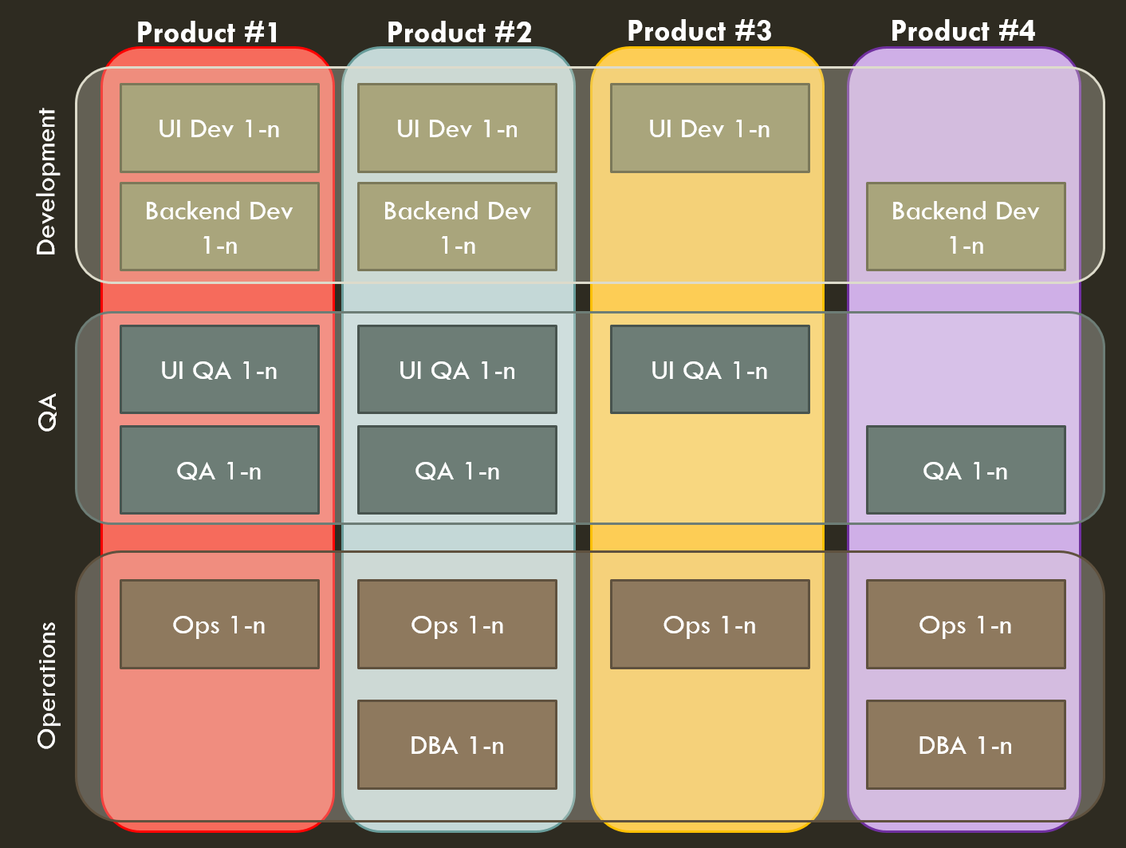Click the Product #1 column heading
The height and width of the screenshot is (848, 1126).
pos(208,33)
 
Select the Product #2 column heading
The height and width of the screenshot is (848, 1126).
pos(459,33)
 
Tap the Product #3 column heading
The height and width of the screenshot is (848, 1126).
pos(699,31)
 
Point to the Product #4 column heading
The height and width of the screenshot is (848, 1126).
pos(963,31)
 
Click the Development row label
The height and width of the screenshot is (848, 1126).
pos(47,181)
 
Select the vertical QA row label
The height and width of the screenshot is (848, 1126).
pos(48,412)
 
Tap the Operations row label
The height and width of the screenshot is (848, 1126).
pos(48,685)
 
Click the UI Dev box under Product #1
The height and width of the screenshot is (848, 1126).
pos(219,128)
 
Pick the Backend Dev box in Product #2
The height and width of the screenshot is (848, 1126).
pos(457,227)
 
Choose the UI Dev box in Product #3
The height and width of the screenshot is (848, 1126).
pos(710,128)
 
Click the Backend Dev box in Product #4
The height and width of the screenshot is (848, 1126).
pos(966,227)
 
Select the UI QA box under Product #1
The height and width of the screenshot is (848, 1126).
pos(219,369)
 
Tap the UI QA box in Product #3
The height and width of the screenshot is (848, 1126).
pos(710,369)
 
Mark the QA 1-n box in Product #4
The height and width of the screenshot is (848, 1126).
pos(966,470)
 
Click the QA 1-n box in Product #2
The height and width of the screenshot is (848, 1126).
pos(457,470)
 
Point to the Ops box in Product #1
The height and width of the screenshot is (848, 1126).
pos(219,624)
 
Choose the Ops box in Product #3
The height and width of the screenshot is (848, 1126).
pos(710,624)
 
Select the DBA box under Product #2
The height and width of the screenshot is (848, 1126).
pos(457,744)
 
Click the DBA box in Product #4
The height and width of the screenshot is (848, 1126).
pos(966,744)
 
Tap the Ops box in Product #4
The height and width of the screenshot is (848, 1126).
pos(966,624)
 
